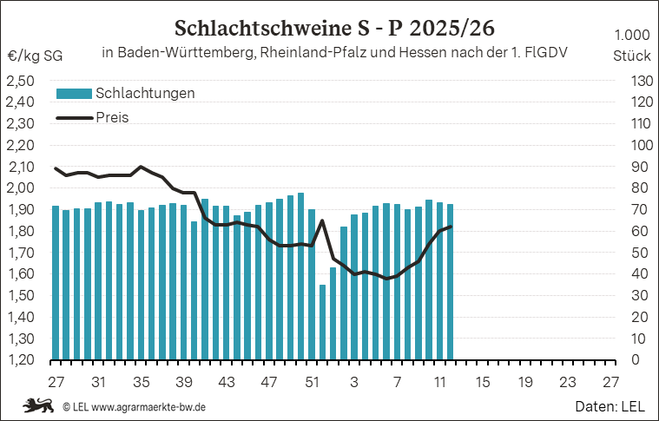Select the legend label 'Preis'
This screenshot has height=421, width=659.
click(113, 117)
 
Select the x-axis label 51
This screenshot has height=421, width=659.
click(311, 382)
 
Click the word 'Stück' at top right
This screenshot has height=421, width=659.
click(631, 55)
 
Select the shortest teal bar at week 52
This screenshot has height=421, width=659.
click(322, 321)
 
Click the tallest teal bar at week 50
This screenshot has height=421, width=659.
click(300, 276)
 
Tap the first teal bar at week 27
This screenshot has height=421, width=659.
click(56, 282)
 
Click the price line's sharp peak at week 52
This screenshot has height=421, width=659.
click(322, 220)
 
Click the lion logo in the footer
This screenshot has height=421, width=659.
click(37, 405)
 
